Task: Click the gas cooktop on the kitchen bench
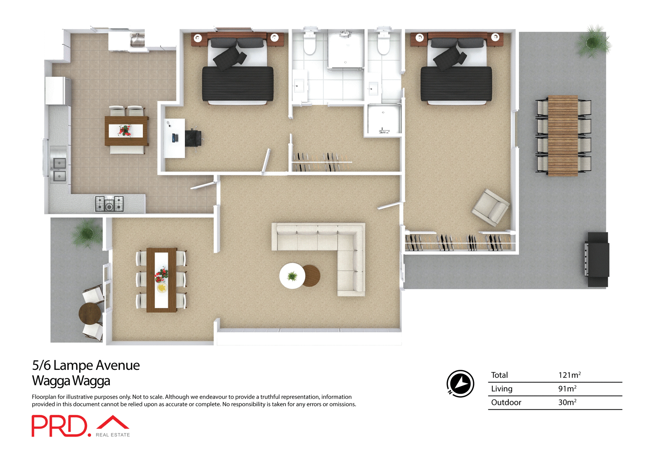point(109,204)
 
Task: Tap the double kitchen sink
point(59,170)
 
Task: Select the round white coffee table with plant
point(292,276)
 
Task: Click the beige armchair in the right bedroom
point(491,207)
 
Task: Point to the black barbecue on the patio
point(598,260)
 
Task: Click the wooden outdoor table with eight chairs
point(563,136)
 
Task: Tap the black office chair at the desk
point(193,138)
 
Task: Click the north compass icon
point(460,384)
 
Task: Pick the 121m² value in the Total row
point(569,375)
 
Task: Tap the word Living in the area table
point(501,389)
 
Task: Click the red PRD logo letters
point(60,426)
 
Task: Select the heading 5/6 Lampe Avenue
point(86,365)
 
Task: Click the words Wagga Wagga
point(71,381)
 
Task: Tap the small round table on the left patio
point(90,313)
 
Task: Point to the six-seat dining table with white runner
point(161,280)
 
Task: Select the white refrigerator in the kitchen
point(56,91)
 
